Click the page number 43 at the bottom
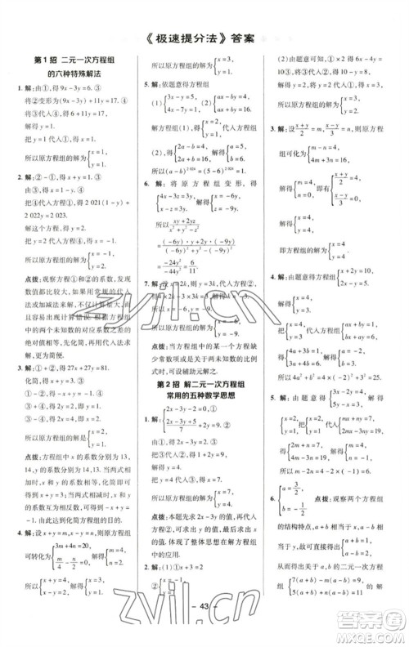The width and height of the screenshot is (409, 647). (x=204, y=626)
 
